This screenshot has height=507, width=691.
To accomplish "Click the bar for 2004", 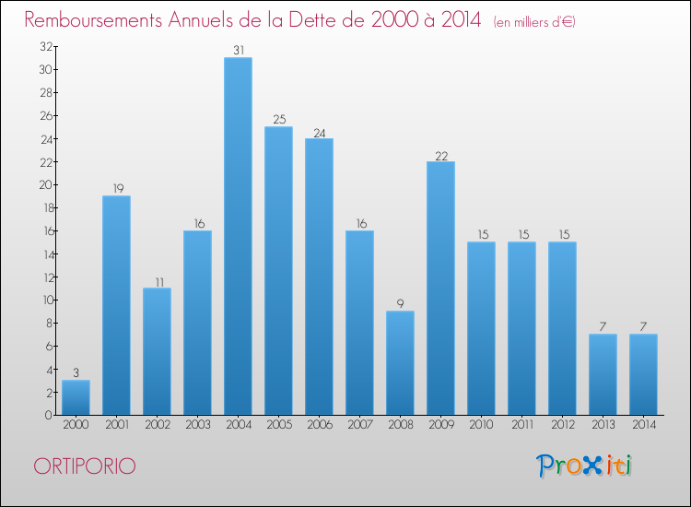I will point(238,236).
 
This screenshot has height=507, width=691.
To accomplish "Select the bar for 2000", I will point(76,397).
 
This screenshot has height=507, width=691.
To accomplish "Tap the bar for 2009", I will point(440,288).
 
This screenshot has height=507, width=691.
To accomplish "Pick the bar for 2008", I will point(400,362).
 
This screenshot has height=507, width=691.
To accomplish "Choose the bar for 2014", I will point(643,374).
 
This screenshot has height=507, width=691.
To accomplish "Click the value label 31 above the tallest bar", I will point(238,51).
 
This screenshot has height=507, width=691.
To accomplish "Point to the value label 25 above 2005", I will point(278,120).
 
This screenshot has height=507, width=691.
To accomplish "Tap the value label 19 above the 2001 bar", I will point(116,189).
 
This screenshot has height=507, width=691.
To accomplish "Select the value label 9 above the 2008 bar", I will point(400,304).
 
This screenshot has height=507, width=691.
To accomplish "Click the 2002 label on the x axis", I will point(157,426).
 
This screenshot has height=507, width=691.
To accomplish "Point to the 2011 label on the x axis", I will point(521,426).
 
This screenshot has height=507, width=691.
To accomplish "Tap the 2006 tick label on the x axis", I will point(319,426).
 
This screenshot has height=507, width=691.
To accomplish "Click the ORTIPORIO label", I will point(84,466).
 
